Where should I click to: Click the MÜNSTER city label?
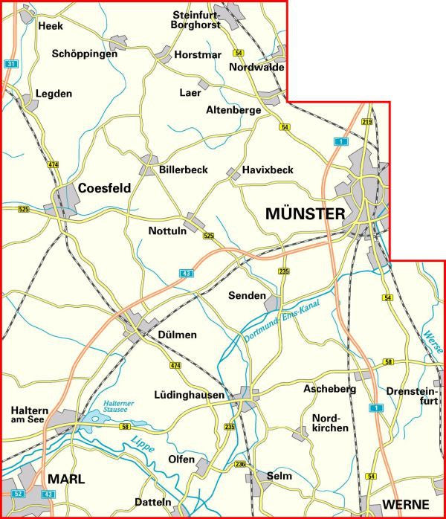click(305, 215)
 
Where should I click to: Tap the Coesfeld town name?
click(104, 189)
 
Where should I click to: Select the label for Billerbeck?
click(183, 170)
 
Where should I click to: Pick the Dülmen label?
click(178, 335)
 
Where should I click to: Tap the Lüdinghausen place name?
click(189, 396)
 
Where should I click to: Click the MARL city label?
click(65, 478)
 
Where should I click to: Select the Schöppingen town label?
click(85, 54)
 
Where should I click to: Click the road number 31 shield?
click(10, 65)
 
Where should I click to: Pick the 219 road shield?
click(366, 122)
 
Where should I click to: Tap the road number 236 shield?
click(240, 465)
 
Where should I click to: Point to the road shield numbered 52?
click(17, 494)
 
